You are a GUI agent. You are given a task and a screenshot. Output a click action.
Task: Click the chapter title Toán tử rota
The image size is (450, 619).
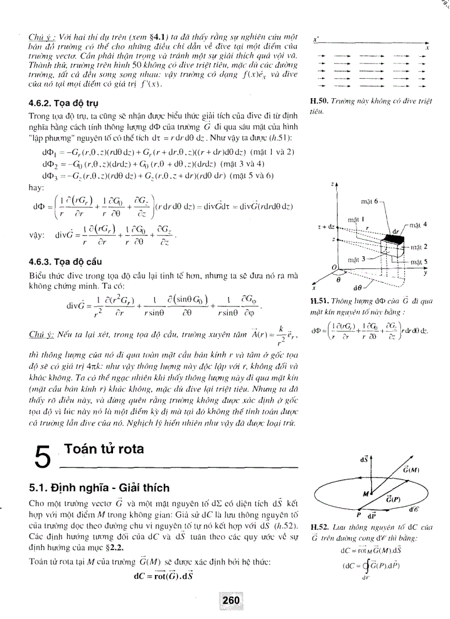pos(104,449)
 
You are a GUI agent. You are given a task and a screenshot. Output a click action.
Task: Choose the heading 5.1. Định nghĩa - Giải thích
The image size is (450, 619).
pos(100,488)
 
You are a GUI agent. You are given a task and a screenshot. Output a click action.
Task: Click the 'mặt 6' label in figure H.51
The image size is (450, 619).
pos(368,202)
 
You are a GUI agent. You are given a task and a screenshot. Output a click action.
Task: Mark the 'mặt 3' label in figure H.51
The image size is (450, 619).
pos(357,259)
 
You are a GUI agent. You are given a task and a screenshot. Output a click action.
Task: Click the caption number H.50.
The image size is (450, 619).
pos(318,101)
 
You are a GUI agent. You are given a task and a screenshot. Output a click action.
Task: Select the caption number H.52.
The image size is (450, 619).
pos(318,527)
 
